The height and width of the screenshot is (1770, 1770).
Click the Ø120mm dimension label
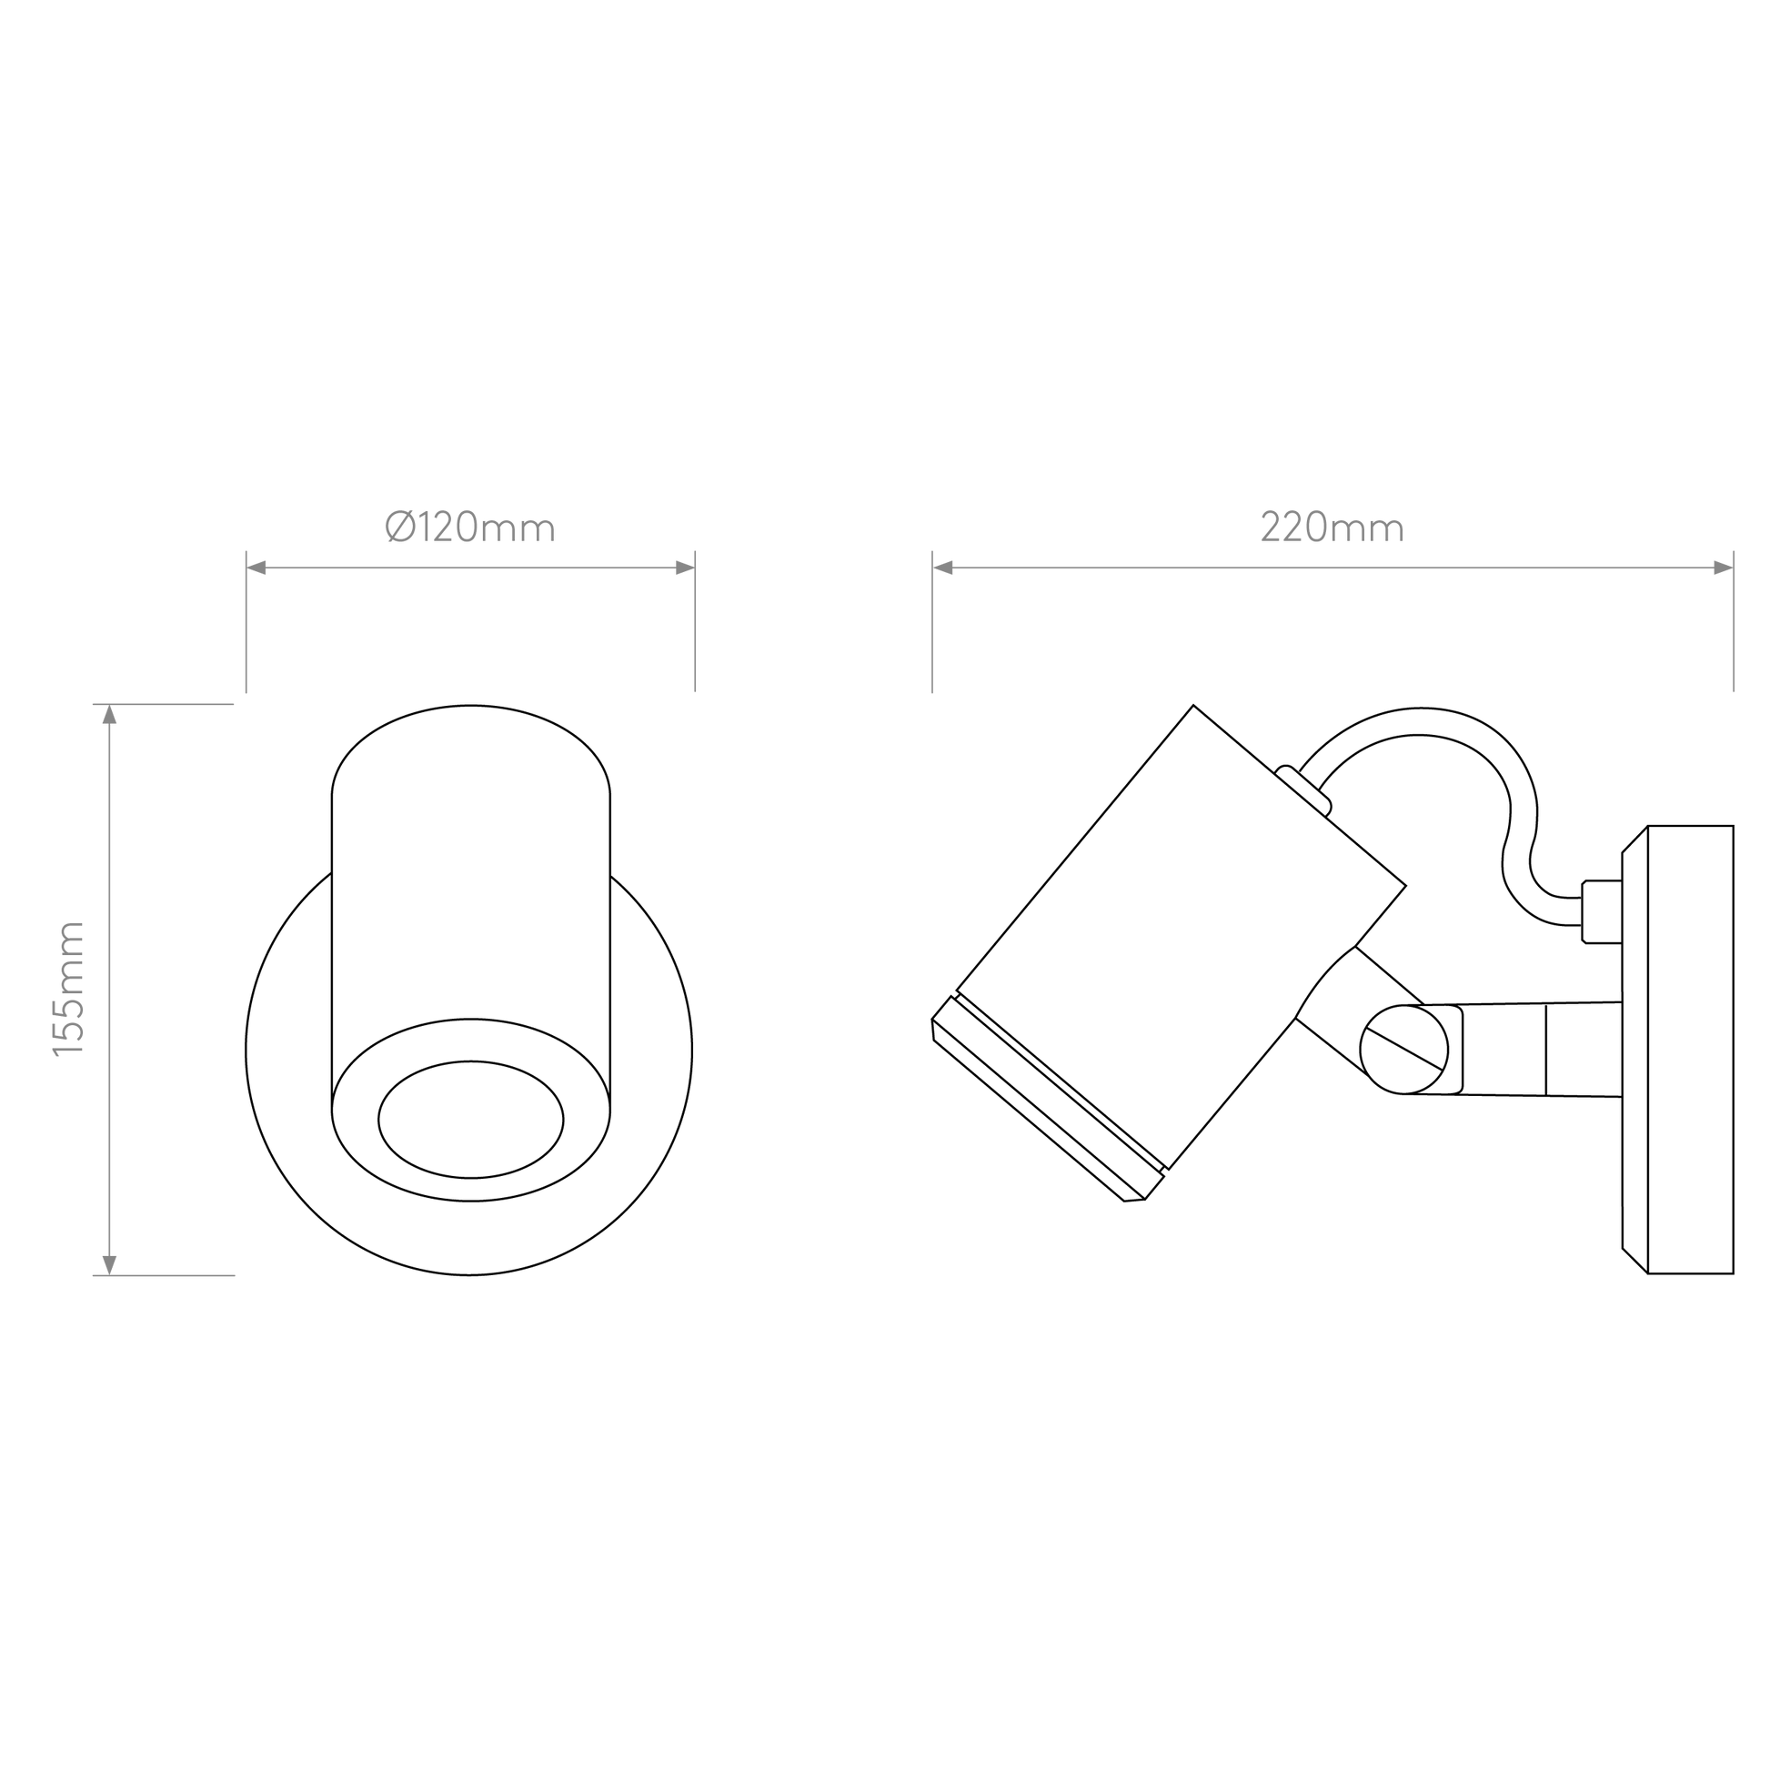[470, 527]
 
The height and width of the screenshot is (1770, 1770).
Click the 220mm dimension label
[1333, 527]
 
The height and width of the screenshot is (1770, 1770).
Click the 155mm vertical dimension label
[69, 990]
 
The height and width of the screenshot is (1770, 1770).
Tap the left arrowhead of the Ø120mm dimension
[256, 568]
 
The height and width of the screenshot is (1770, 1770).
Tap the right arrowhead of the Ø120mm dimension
[684, 568]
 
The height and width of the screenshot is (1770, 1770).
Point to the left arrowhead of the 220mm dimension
[942, 568]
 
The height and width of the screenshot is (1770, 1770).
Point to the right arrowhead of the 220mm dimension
[1724, 568]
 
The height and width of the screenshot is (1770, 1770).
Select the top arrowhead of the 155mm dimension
[110, 715]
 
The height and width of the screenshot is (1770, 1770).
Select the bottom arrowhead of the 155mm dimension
[110, 1265]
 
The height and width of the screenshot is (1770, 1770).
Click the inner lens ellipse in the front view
[471, 1120]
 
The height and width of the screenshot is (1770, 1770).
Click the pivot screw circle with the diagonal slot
[1403, 1050]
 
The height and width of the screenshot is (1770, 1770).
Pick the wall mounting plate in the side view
[1677, 1050]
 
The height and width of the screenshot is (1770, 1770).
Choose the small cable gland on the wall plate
[1602, 911]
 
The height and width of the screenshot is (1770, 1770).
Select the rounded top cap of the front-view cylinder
[471, 750]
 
